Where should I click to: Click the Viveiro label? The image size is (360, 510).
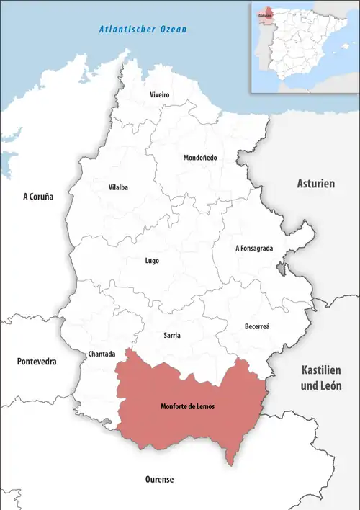(x=159, y=95)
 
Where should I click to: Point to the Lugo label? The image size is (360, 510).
(x=151, y=261)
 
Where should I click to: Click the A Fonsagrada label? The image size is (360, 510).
(x=254, y=248)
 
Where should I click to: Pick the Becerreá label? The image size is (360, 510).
(x=258, y=326)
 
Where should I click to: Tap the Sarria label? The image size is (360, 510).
(x=172, y=336)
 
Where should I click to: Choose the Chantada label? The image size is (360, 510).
(x=100, y=354)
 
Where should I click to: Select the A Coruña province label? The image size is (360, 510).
(x=38, y=196)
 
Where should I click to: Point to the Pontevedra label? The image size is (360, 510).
(x=37, y=362)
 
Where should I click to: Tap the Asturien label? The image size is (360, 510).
(x=316, y=184)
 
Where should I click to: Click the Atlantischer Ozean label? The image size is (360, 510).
(x=143, y=30)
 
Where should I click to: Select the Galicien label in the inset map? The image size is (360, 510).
(x=262, y=14)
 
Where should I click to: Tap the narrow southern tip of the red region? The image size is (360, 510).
(x=230, y=459)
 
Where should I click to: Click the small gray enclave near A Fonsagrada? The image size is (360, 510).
(x=280, y=269)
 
